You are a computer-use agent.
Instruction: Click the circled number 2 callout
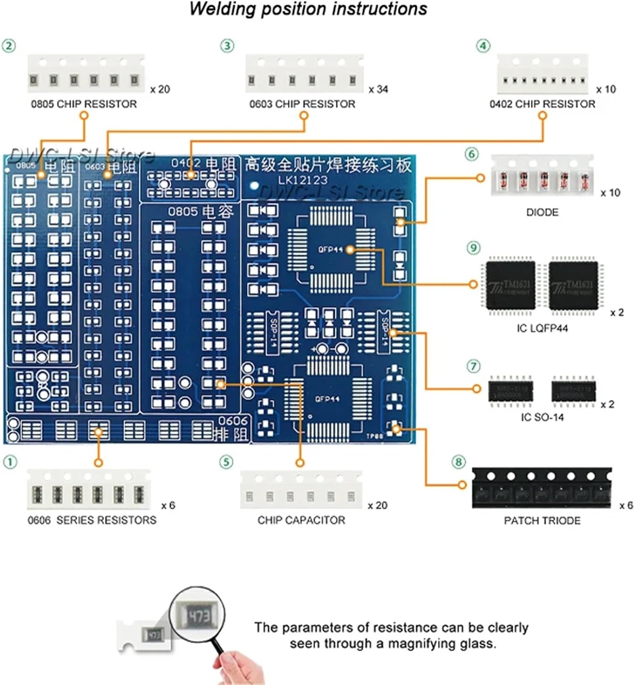pos(9,46)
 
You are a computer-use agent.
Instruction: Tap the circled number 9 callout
pos(473,248)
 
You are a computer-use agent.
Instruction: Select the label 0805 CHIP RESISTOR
pos(84,104)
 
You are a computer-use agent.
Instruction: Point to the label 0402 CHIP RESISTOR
pos(542,104)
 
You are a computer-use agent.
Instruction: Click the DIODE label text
pos(542,212)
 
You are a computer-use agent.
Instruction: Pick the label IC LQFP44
pos(542,328)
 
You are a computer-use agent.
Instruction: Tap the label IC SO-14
pos(542,417)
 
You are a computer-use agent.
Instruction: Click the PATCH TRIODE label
pos(542,521)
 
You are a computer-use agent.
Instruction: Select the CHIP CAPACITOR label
pos(301,520)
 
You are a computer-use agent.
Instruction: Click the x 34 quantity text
pos(378,89)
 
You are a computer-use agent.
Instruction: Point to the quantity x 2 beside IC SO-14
pos(608,405)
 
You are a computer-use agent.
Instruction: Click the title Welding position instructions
pos(308,9)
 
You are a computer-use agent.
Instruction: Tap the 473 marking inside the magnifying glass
pos(199,616)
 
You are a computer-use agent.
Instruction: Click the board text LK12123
pos(303,180)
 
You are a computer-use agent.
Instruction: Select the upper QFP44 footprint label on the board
pos(330,249)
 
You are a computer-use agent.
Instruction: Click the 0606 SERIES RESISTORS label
pos(92,520)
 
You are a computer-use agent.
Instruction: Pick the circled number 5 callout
pos(226,462)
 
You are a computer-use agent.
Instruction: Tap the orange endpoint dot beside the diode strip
pos(480,178)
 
